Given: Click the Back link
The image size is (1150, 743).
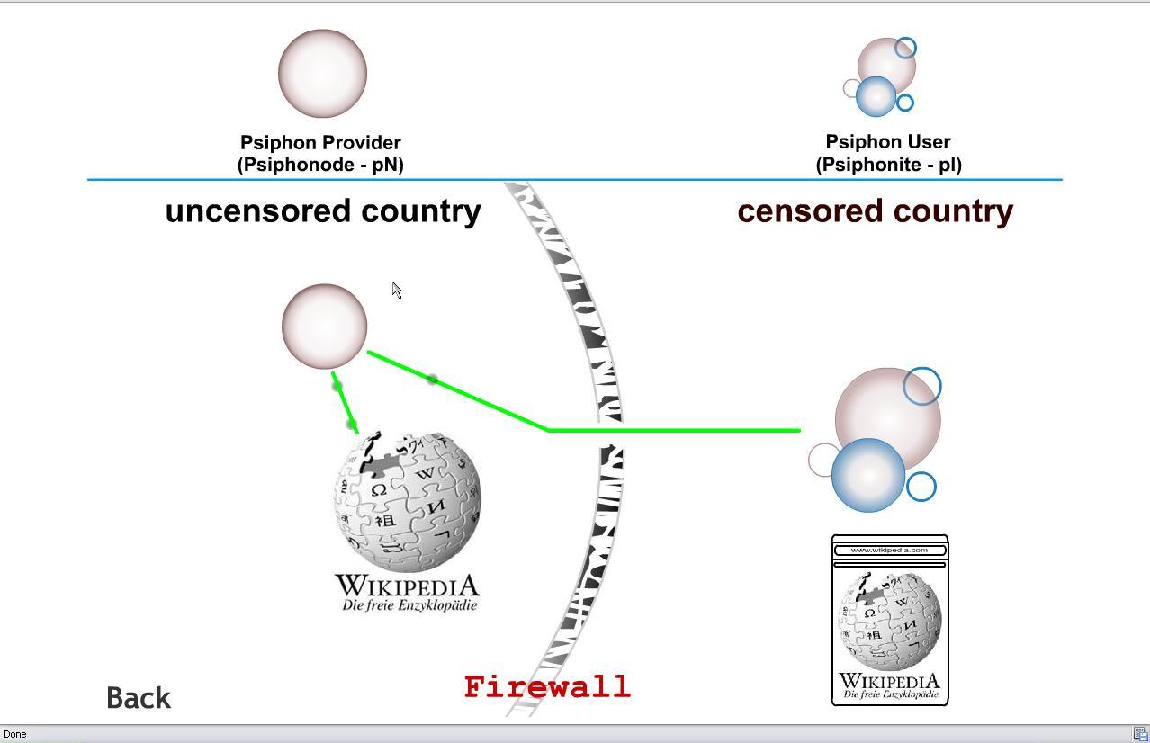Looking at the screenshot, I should pos(139,698).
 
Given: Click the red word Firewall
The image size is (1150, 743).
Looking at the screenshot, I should pos(547,687).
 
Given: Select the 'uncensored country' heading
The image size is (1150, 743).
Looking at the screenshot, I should pos(323,210).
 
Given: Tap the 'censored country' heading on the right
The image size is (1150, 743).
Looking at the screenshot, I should pos(875,210).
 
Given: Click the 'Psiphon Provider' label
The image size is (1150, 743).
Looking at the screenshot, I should pos(320,142).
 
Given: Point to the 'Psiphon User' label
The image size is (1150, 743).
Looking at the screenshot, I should pos(888,141).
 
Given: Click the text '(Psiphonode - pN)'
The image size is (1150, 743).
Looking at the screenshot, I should pos(320,165).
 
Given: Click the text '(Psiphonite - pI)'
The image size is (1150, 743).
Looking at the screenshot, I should pos(888,165).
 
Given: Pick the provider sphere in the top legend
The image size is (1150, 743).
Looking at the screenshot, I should pos(322,74).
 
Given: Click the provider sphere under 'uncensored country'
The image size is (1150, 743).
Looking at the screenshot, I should pos(324,326).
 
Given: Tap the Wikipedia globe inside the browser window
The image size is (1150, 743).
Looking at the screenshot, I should pos(889,621).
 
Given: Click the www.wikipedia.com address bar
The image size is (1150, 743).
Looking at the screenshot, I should pos(889,550).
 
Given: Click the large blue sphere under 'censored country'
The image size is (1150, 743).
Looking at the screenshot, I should pos(868,475).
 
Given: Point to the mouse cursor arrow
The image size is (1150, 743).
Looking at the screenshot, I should pos(396,289).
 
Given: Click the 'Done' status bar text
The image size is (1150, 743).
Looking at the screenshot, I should pos(15,734).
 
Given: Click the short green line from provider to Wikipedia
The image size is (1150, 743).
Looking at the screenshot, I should pos(345,404).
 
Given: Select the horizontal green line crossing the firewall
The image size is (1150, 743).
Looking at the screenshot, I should pos(675,430).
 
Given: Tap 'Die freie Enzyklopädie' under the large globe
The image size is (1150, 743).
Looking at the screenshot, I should pos(409,605).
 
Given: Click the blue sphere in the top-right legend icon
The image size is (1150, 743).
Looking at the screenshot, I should pos(876,96).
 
